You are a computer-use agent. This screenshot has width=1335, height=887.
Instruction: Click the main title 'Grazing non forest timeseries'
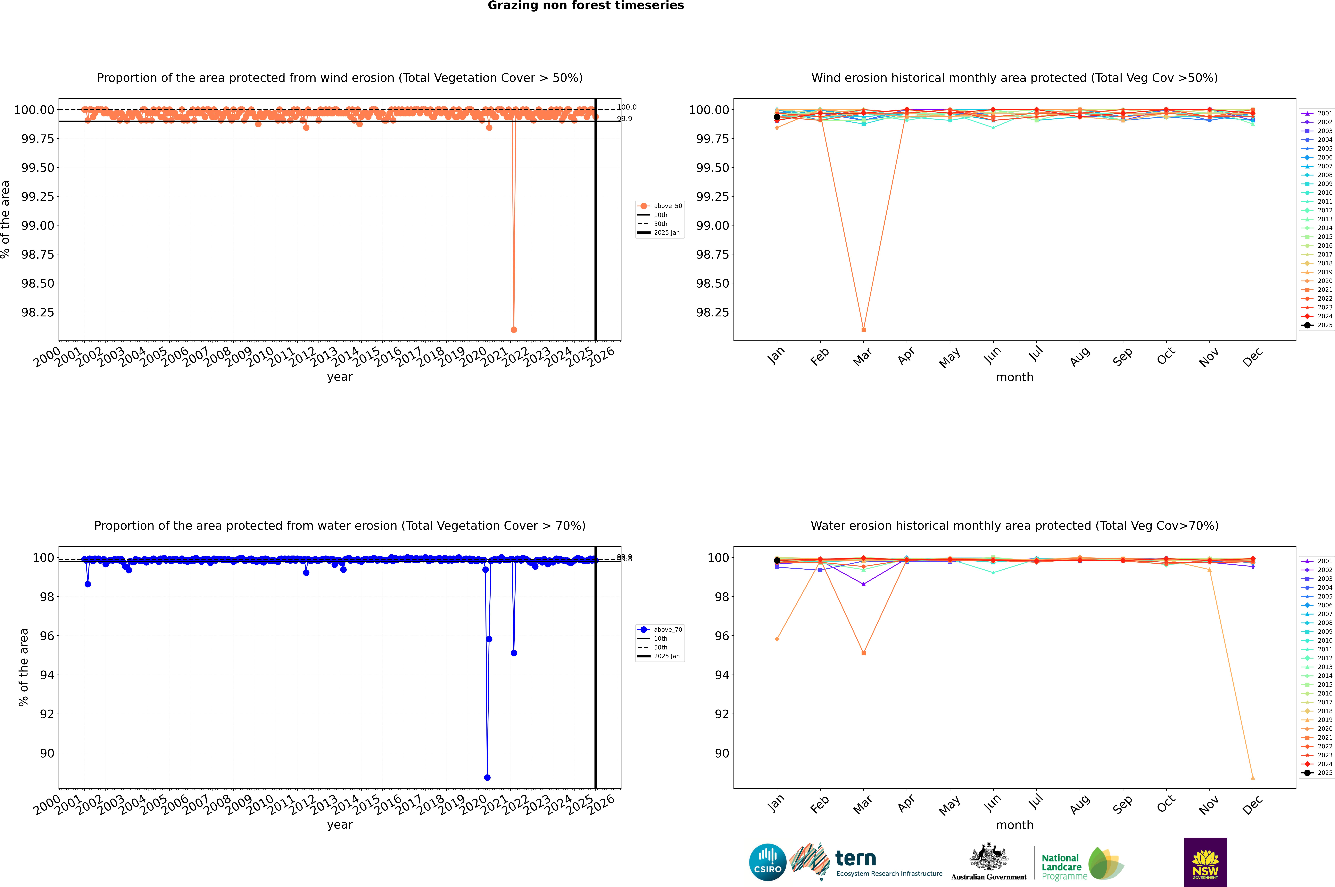(x=586, y=6)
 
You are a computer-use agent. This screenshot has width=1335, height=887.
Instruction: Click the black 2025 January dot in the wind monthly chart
(x=777, y=117)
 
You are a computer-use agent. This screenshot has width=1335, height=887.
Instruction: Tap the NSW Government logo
(x=1205, y=862)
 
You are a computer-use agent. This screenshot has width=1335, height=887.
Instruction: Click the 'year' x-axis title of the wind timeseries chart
(x=340, y=377)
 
